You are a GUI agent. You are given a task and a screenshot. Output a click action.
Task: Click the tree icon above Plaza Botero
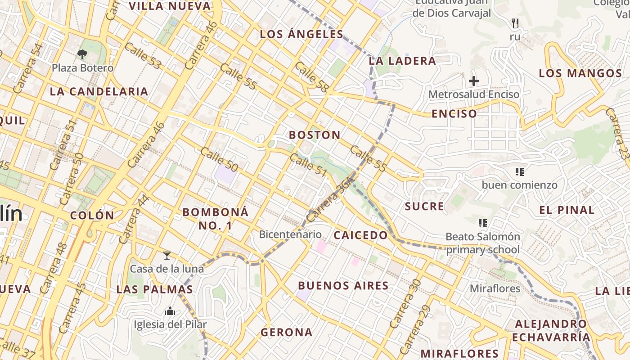pos(82,54)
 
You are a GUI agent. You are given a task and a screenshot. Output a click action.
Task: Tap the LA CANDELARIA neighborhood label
pos(99,91)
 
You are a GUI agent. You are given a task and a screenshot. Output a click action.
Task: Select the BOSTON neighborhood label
pos(315,135)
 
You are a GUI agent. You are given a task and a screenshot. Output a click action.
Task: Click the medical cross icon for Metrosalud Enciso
pos(474,81)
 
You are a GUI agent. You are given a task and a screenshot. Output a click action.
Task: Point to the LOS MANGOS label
pos(580,73)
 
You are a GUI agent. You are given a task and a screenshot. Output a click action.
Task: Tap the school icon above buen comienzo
pos(520,171)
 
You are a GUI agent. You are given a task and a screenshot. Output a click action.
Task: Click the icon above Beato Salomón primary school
pos(483,223)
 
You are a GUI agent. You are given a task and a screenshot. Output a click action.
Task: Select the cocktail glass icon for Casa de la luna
pos(167,256)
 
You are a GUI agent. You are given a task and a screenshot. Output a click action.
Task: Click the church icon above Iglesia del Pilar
pos(170,311)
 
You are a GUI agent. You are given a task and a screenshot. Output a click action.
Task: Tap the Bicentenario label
pos(290,234)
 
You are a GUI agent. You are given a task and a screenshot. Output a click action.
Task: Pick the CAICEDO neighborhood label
pos(360,235)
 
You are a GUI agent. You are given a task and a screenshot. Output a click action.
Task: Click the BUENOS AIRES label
pos(343,285)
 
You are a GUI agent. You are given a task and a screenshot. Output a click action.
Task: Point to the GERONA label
pos(286,332)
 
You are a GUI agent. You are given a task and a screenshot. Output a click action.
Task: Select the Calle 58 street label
pos(311,76)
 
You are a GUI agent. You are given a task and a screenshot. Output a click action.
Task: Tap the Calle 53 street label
pos(143,56)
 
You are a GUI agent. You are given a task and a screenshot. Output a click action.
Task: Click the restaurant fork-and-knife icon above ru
pos(515,23)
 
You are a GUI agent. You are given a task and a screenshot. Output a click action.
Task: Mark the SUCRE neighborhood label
pos(424,206)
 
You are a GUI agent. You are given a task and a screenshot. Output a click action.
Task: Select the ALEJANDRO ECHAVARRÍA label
pos(551,330)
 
